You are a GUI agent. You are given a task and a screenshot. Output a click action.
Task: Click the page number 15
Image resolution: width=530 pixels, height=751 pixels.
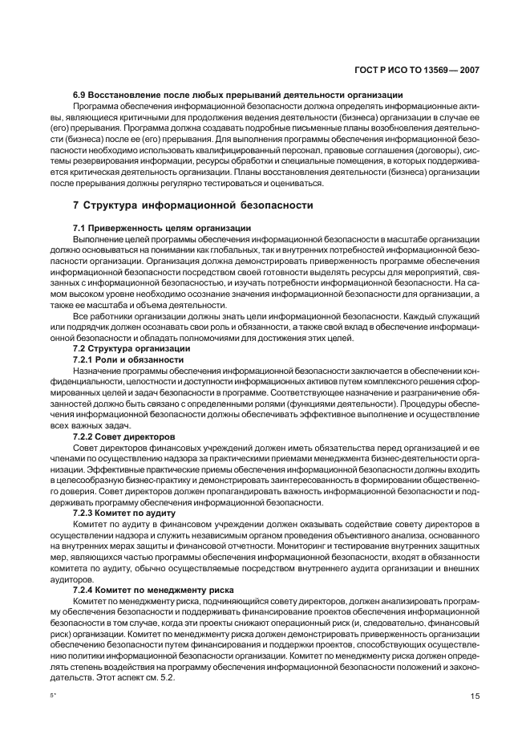click(x=475, y=696)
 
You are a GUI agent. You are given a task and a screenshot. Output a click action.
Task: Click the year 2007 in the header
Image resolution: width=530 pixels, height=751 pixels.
click(x=466, y=71)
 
